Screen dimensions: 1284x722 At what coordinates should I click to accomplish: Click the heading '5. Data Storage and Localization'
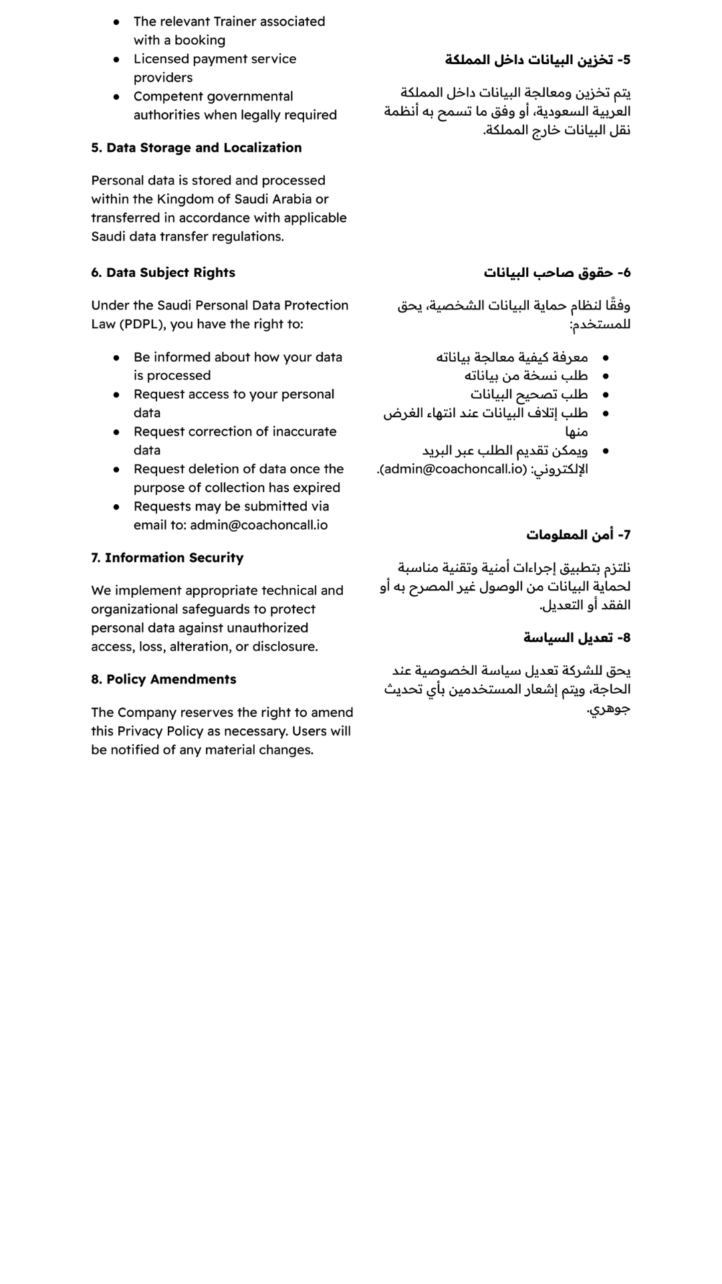click(197, 148)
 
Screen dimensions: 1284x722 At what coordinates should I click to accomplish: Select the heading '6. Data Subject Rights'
click(163, 273)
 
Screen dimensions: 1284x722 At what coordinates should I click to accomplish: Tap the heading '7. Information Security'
click(167, 558)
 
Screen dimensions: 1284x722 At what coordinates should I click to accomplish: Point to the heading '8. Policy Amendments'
click(164, 679)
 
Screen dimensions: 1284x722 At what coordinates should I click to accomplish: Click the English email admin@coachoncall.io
click(259, 525)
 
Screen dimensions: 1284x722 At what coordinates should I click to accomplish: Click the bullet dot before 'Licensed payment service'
click(116, 60)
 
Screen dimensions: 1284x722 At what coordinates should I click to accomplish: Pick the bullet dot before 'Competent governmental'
click(116, 97)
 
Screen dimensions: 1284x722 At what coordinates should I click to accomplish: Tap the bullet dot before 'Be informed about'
click(116, 358)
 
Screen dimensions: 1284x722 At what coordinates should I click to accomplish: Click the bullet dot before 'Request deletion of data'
click(116, 469)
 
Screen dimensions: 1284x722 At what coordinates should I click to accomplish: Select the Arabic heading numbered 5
click(537, 60)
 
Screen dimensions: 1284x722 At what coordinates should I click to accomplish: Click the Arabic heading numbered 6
click(557, 273)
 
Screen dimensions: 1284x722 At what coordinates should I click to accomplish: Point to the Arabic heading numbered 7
click(578, 535)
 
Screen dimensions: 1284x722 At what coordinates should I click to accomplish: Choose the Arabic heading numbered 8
click(577, 638)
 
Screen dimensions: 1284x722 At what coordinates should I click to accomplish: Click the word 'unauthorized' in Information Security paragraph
click(266, 628)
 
